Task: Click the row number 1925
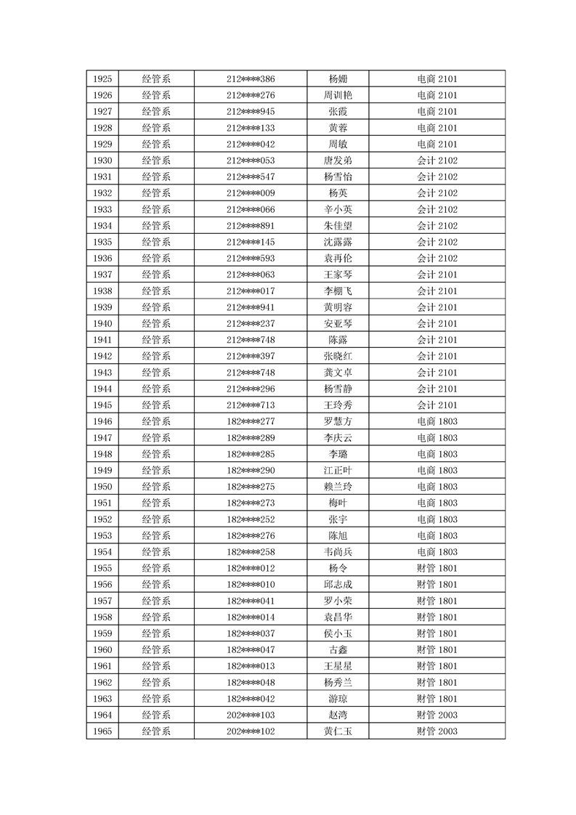(x=102, y=78)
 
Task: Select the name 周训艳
(x=338, y=95)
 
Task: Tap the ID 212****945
(x=251, y=111)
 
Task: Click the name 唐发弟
(x=338, y=161)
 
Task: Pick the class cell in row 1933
(x=437, y=209)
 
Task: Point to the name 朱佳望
(x=338, y=226)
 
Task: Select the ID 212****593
(x=251, y=259)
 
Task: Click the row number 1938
(x=102, y=291)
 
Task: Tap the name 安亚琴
(x=338, y=324)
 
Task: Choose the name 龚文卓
(x=338, y=373)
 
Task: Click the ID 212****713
(x=251, y=405)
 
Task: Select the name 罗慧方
(x=338, y=421)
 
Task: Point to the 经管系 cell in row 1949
(x=156, y=471)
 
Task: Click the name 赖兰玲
(x=338, y=487)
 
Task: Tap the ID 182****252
(x=251, y=519)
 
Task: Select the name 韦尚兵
(x=338, y=552)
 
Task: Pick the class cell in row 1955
(x=437, y=568)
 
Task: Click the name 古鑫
(x=338, y=650)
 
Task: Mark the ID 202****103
(x=251, y=715)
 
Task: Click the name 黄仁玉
(x=338, y=731)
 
